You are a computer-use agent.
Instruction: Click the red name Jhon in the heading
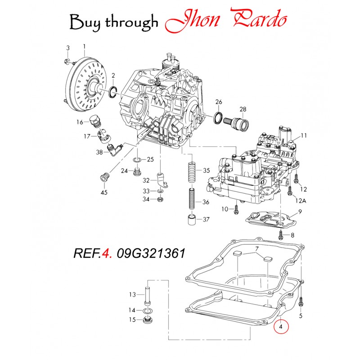(193, 20)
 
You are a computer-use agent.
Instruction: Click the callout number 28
(243, 109)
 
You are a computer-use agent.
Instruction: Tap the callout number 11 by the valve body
(303, 135)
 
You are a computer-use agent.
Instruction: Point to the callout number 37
(206, 220)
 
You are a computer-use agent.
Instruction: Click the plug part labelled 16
(94, 121)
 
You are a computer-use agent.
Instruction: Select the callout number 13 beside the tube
(132, 295)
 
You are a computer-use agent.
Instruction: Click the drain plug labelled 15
(147, 321)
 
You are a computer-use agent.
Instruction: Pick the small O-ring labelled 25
(137, 159)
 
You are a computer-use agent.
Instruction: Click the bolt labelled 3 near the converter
(66, 60)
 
